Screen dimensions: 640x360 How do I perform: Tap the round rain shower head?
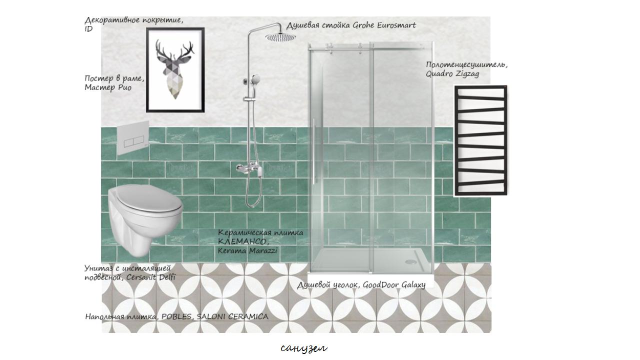(280, 37)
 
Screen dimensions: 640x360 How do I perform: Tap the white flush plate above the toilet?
(133, 138)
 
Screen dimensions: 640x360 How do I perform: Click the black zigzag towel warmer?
(481, 140)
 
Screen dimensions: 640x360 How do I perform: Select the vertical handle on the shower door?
(313, 151)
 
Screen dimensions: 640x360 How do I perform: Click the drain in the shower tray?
(410, 261)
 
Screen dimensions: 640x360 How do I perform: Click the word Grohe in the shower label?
(363, 25)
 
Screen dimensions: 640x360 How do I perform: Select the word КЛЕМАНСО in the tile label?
(243, 242)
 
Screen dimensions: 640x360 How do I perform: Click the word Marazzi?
(263, 251)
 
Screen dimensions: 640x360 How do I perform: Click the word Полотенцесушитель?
(466, 65)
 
